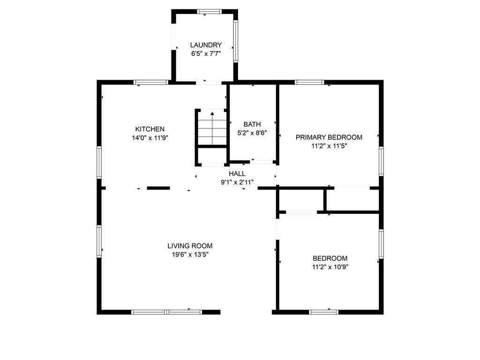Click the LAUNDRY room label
click(x=206, y=45)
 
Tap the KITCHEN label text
click(x=150, y=129)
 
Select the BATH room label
click(x=252, y=124)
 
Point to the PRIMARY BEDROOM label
click(x=329, y=137)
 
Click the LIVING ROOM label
click(x=190, y=246)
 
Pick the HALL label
click(x=237, y=174)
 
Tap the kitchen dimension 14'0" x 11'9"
click(x=150, y=138)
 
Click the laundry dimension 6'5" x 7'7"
click(x=206, y=54)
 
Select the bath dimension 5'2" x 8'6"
click(x=252, y=133)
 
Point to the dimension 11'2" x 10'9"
click(x=330, y=267)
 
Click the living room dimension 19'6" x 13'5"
click(x=190, y=255)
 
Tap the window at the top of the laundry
click(x=210, y=12)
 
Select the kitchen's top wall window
click(x=151, y=82)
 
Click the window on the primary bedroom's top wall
click(x=309, y=82)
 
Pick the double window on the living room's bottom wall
click(x=167, y=312)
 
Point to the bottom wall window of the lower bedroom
click(x=323, y=312)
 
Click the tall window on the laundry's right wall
click(x=236, y=41)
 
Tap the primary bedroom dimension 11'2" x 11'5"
click(x=329, y=146)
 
